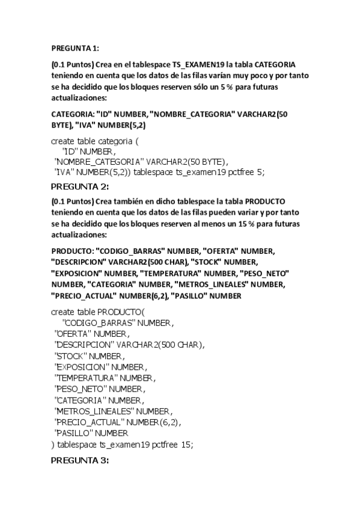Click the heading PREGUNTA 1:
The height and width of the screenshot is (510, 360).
click(x=75, y=48)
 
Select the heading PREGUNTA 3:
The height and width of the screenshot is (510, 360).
click(x=80, y=461)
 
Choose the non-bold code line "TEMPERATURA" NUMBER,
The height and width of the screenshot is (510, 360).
click(x=105, y=378)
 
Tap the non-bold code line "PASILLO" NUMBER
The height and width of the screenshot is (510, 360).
click(x=91, y=433)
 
